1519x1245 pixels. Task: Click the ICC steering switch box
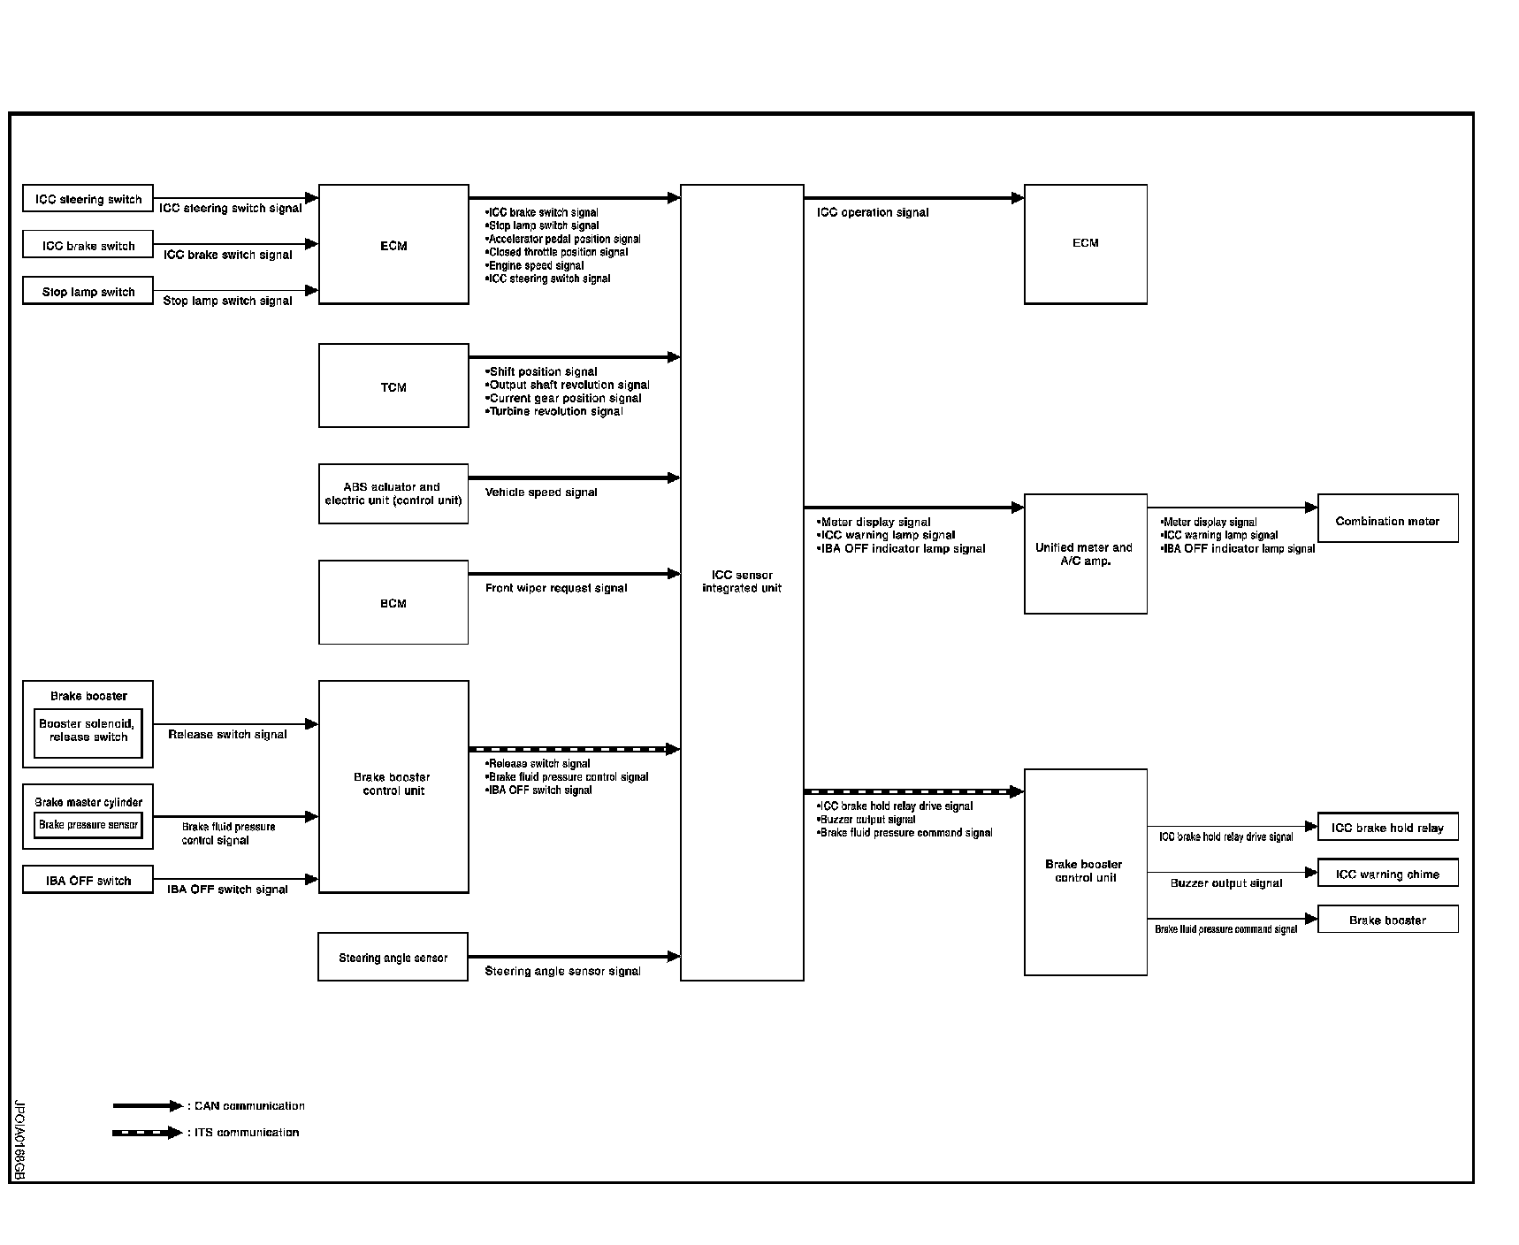pyautogui.click(x=88, y=199)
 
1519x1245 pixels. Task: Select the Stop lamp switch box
pyautogui.click(x=88, y=292)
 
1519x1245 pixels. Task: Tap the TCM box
pyautogui.click(x=393, y=386)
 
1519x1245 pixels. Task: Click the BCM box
pyautogui.click(x=393, y=603)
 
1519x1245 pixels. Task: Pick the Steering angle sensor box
pyautogui.click(x=393, y=958)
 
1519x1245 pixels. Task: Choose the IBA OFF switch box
pyautogui.click(x=88, y=881)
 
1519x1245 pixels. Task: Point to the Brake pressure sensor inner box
pyautogui.click(x=88, y=825)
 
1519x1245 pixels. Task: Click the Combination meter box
pyautogui.click(x=1387, y=520)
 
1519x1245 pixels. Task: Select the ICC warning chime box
pyautogui.click(x=1387, y=874)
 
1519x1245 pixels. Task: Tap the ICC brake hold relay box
pyautogui.click(x=1387, y=828)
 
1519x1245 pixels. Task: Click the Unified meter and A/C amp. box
pyautogui.click(x=1085, y=554)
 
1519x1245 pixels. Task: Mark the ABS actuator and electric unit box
pyautogui.click(x=393, y=493)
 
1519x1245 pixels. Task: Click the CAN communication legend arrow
pyautogui.click(x=147, y=1106)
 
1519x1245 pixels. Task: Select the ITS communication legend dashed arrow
pyautogui.click(x=147, y=1133)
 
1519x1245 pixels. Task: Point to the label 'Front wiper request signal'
pyautogui.click(x=556, y=588)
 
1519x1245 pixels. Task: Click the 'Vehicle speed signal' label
pyautogui.click(x=541, y=493)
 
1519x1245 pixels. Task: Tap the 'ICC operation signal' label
pyautogui.click(x=873, y=212)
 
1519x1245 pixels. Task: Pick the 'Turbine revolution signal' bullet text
pyautogui.click(x=555, y=411)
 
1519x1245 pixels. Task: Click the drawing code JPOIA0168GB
pyautogui.click(x=19, y=1140)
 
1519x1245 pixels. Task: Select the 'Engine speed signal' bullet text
pyautogui.click(x=536, y=265)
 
